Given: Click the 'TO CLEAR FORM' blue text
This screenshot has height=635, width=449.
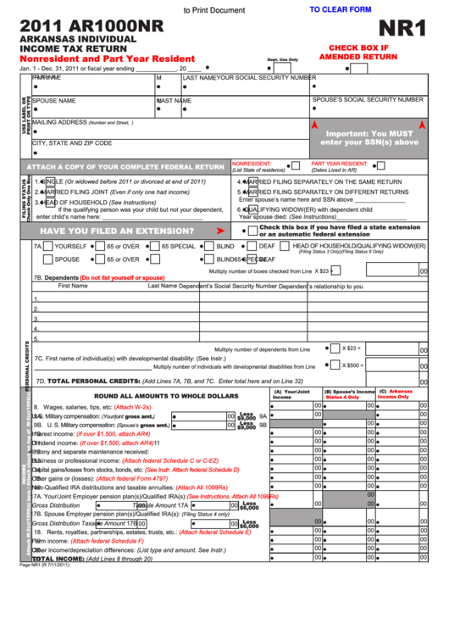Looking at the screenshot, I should [341, 9].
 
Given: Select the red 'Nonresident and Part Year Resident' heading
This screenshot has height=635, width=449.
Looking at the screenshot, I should [108, 58].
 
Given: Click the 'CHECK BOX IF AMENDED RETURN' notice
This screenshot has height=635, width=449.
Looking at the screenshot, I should [358, 52].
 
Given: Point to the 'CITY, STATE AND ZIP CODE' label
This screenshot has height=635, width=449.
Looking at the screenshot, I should [72, 143].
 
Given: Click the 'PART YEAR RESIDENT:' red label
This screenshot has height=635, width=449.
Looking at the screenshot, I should [339, 164].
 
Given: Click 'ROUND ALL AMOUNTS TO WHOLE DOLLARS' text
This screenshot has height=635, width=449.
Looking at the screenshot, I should [166, 396].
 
